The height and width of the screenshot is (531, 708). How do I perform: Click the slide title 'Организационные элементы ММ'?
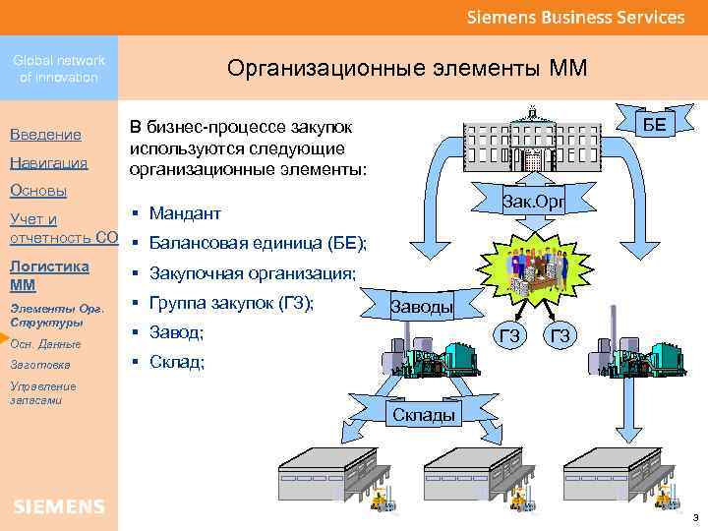point(406,68)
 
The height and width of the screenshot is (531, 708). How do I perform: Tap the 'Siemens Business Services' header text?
point(575,17)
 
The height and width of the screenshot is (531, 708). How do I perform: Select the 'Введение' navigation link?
point(45,134)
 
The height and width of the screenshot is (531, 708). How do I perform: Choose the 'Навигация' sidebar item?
point(49,162)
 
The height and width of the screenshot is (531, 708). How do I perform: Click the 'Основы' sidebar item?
point(38,190)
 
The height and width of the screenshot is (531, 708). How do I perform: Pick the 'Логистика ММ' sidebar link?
point(49,275)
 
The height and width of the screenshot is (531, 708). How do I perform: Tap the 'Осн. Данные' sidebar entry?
point(45,343)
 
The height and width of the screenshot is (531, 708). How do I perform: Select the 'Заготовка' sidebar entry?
point(40,365)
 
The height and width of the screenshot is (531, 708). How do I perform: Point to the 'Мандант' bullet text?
point(185,213)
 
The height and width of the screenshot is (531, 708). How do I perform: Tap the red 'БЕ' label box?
point(654,123)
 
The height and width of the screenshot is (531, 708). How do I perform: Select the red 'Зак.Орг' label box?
point(532,202)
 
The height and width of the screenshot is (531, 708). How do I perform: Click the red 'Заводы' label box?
point(422,307)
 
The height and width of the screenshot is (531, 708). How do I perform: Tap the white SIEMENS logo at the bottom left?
point(59,506)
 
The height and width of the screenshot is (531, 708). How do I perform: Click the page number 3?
point(694,517)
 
